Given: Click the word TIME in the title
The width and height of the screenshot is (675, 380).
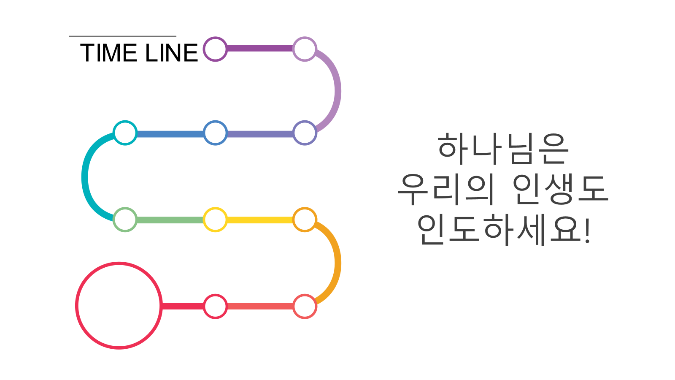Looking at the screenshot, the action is [x=108, y=53].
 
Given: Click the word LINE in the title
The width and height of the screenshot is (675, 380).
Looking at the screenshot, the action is [x=171, y=53].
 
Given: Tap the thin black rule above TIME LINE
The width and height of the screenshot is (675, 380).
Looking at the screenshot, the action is [x=122, y=36].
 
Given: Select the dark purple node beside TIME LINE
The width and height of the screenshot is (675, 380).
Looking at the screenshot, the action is [x=215, y=49].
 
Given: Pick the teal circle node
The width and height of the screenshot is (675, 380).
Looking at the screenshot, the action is [x=125, y=133].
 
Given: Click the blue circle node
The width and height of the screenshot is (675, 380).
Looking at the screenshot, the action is [x=215, y=133].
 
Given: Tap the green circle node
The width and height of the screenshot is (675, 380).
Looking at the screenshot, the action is [x=125, y=220].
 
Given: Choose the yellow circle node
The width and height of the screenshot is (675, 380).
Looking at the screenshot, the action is [x=215, y=220].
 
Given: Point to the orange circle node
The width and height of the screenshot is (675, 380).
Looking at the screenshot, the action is [x=305, y=220].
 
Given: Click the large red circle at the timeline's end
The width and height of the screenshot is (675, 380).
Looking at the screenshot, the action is [x=119, y=306].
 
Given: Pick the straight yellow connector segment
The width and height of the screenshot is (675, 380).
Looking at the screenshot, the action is [x=260, y=220].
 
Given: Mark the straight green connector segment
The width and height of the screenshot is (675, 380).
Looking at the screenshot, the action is [x=170, y=220].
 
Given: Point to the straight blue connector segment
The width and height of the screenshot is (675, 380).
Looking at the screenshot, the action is [x=170, y=134].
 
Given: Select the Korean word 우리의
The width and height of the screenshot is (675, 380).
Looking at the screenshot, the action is [x=445, y=189].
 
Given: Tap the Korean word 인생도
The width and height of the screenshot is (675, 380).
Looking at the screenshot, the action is [x=560, y=189].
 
